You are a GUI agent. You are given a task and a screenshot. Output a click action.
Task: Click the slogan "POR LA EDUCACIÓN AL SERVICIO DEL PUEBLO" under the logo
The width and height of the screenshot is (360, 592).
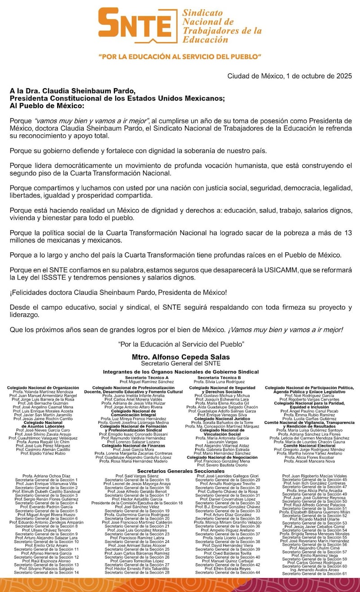(180, 57)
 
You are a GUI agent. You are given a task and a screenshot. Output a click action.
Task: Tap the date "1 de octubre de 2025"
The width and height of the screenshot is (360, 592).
(313, 76)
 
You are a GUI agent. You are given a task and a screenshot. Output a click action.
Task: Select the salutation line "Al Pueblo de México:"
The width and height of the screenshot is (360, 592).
(47, 106)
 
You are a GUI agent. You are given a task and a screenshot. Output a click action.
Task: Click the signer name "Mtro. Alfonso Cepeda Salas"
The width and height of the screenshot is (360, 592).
(180, 357)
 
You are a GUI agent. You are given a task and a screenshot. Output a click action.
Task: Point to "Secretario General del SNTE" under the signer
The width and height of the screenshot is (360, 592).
(180, 363)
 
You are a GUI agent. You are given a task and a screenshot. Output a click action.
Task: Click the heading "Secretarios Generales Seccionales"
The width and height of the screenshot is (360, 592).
(180, 471)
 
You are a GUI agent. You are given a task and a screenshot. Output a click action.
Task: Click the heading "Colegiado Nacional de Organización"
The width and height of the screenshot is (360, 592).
(43, 387)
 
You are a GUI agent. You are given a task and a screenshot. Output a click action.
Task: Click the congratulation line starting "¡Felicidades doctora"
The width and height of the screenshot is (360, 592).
(118, 292)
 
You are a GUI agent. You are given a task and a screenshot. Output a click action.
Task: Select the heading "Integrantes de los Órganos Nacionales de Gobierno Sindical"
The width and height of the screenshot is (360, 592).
(180, 372)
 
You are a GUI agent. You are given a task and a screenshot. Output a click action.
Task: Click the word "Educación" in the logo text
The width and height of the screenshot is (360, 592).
(205, 40)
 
